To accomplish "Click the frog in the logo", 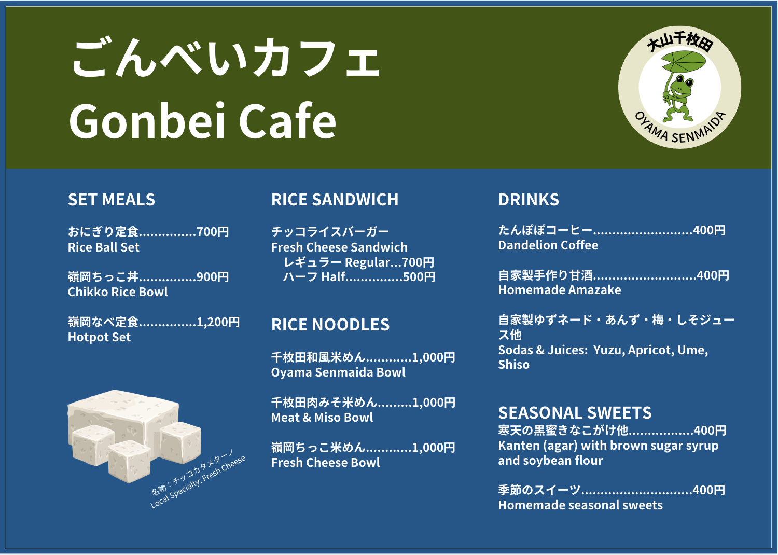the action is tap(677, 99).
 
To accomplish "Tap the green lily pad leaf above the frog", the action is tap(684, 62).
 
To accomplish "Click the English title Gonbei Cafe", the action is tap(202, 120).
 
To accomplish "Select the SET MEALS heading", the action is tap(112, 200).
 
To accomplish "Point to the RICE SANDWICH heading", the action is tap(335, 200).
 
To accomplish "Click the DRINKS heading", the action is tap(529, 200).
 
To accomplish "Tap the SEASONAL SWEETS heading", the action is tap(575, 412).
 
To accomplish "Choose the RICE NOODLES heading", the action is tap(330, 325).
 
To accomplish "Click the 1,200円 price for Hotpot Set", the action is tap(218, 322).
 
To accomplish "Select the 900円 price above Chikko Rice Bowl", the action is tap(213, 277).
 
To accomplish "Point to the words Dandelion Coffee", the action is tap(548, 245).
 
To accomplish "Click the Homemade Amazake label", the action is tap(560, 290).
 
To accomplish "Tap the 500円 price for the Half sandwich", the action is tap(419, 277).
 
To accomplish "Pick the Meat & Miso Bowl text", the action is tap(322, 418).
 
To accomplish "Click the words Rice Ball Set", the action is tap(104, 247).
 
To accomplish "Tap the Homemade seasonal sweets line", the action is tap(580, 505).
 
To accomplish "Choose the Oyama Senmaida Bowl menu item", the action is tap(338, 372).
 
